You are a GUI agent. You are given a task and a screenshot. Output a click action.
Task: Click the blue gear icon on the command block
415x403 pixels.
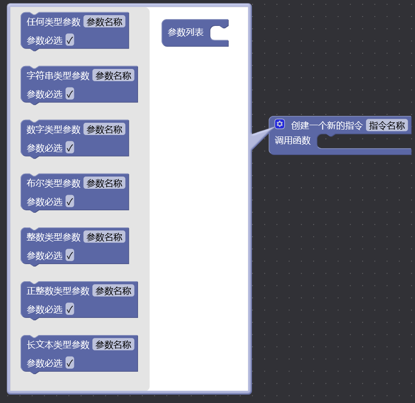point(279,124)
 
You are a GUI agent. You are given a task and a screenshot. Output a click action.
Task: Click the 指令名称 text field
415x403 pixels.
point(387,126)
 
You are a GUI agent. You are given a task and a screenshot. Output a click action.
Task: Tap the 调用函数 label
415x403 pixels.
point(293,141)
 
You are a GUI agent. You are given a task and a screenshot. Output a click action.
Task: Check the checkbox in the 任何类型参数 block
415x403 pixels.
point(70,40)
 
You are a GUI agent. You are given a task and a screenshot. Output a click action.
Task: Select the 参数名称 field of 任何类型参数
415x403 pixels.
point(104,22)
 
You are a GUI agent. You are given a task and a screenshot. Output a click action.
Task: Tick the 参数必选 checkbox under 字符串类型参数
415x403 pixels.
point(70,94)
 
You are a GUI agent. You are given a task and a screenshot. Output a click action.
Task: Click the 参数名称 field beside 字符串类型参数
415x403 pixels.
point(113,76)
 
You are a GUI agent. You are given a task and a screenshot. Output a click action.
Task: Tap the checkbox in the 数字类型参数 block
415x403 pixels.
point(70,148)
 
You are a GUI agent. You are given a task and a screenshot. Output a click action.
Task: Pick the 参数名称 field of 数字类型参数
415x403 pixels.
point(104,130)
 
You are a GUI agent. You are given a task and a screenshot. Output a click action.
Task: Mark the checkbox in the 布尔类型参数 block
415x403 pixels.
point(70,201)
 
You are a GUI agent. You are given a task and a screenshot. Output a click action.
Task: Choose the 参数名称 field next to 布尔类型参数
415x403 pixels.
point(104,183)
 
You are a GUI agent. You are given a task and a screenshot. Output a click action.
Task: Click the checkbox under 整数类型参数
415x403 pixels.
point(70,255)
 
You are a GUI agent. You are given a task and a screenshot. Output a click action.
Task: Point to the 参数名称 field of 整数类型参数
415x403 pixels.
point(104,237)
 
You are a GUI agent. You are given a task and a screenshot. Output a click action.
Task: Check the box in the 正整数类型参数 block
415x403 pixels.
point(70,309)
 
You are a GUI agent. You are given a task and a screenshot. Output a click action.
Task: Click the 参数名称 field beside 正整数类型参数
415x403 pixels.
point(113,291)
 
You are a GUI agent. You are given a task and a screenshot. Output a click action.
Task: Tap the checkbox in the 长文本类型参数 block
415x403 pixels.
point(70,363)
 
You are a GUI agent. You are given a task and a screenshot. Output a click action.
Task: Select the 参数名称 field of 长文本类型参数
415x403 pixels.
point(113,345)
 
